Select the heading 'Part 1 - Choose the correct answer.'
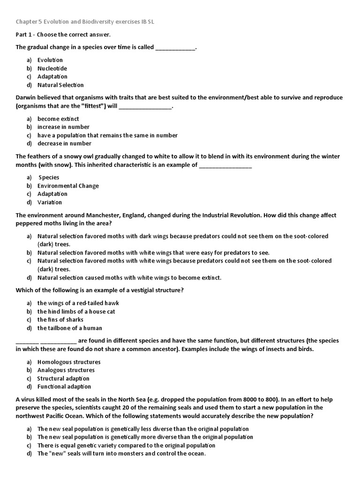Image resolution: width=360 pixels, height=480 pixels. point(63,35)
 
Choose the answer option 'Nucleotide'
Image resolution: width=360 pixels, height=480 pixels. point(52,68)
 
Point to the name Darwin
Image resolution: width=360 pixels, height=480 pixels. point(27,97)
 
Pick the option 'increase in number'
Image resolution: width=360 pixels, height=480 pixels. point(63,127)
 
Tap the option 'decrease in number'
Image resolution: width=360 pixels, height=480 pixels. point(64,143)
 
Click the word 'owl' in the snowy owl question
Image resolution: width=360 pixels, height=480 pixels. point(89,157)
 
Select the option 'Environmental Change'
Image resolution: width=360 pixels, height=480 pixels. point(68,186)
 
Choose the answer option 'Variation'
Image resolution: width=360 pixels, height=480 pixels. point(49,202)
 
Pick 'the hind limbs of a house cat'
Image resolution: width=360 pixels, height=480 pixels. point(76,311)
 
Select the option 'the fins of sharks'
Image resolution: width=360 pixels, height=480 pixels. point(60,320)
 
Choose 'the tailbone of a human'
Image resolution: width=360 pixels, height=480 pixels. point(69,328)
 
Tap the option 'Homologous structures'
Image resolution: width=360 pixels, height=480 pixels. point(69,362)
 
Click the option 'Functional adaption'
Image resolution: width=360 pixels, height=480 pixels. point(64,387)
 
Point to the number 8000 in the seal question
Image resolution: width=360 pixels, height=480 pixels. point(259,399)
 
